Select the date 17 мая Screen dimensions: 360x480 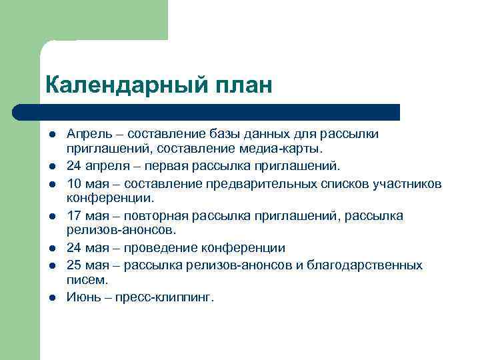tap(89, 215)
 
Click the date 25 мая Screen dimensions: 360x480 tap(89, 265)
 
